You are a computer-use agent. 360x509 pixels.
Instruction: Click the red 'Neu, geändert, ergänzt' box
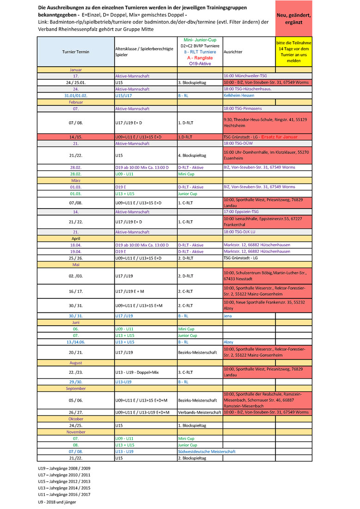(293, 19)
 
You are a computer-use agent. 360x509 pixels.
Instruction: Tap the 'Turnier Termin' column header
(75, 52)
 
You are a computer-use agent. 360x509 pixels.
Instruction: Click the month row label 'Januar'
(75, 69)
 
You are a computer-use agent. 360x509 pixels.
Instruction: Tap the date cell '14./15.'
(75, 137)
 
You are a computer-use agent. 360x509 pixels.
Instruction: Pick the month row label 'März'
(75, 180)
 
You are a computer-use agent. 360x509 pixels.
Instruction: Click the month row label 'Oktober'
(75, 418)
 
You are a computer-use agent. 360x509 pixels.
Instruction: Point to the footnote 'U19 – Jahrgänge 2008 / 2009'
(64, 468)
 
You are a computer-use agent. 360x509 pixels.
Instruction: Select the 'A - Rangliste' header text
(199, 58)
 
